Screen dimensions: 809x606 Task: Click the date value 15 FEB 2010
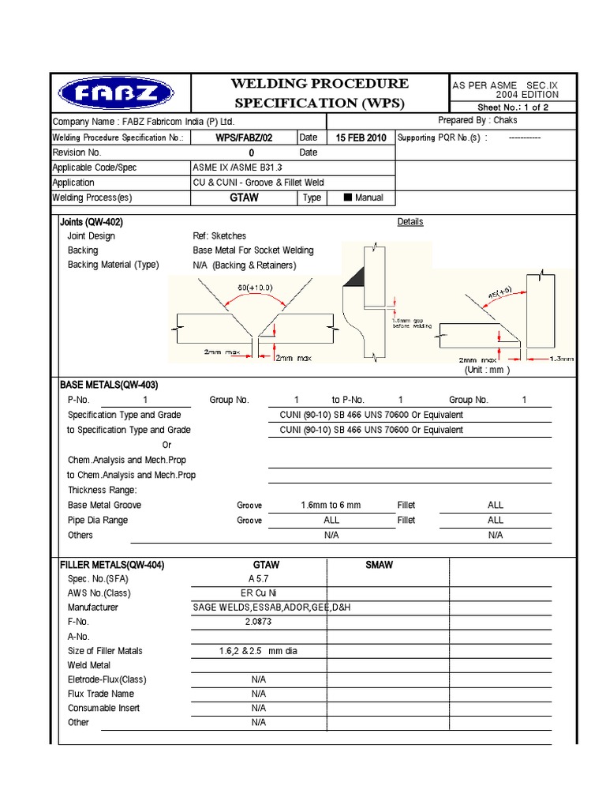point(361,137)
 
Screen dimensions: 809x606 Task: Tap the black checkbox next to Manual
point(347,198)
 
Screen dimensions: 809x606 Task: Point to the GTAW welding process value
point(244,198)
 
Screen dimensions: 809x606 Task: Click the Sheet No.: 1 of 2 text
point(513,107)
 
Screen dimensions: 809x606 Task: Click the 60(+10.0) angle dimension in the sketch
point(252,288)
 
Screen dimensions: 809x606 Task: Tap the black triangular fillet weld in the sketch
point(353,276)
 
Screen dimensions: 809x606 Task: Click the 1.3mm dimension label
point(562,359)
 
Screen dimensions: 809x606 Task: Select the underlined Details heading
point(410,222)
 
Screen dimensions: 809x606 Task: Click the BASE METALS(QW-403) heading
point(109,385)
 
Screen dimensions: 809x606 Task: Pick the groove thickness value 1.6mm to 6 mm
point(331,505)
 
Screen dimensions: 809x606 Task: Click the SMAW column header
point(379,566)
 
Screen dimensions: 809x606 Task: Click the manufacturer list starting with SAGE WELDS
point(259,608)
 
